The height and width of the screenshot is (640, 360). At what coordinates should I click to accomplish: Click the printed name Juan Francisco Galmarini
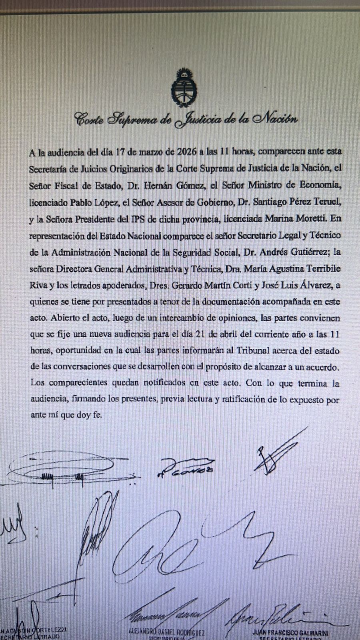coord(290,633)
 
